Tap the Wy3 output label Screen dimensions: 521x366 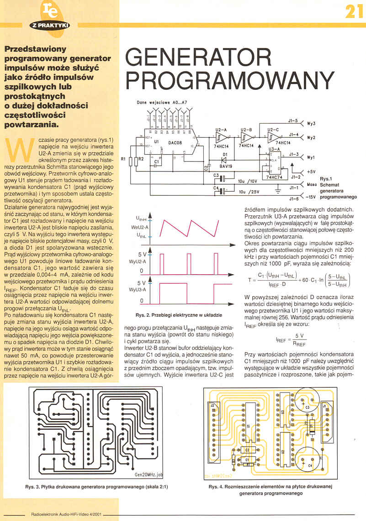pyautogui.click(x=311, y=124)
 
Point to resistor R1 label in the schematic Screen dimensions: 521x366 pyautogui.click(x=122, y=159)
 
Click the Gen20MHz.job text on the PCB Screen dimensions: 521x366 pyautogui.click(x=149, y=474)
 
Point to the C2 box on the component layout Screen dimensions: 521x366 pyautogui.click(x=247, y=450)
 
